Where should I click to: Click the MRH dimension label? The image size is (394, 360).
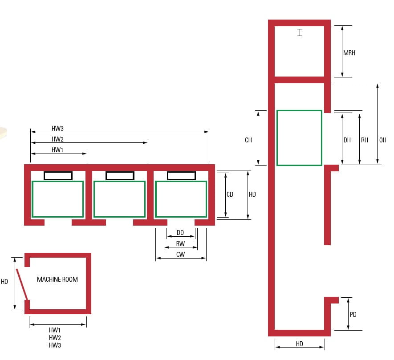349,53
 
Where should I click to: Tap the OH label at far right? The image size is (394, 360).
382,140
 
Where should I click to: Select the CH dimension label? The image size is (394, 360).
248,140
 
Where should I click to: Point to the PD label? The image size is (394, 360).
353,315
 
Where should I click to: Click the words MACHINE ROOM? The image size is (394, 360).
57,279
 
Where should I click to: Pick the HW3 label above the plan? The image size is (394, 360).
58,129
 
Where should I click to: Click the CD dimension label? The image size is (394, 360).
230,194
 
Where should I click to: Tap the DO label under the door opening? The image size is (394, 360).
180,233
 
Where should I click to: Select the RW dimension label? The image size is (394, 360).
180,244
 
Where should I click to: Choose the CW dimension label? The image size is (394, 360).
180,255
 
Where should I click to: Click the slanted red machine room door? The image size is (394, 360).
22,284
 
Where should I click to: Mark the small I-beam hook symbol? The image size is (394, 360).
300,32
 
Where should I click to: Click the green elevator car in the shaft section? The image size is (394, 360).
299,138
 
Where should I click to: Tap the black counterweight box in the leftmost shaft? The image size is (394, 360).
58,176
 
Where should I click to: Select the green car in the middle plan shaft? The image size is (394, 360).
119,199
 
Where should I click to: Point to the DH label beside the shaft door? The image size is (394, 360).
347,140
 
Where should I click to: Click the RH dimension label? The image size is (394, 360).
365,140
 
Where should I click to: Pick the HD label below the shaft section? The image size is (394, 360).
299,344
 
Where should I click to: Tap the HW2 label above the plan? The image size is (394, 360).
58,139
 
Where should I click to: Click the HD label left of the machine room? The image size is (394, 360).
4,282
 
